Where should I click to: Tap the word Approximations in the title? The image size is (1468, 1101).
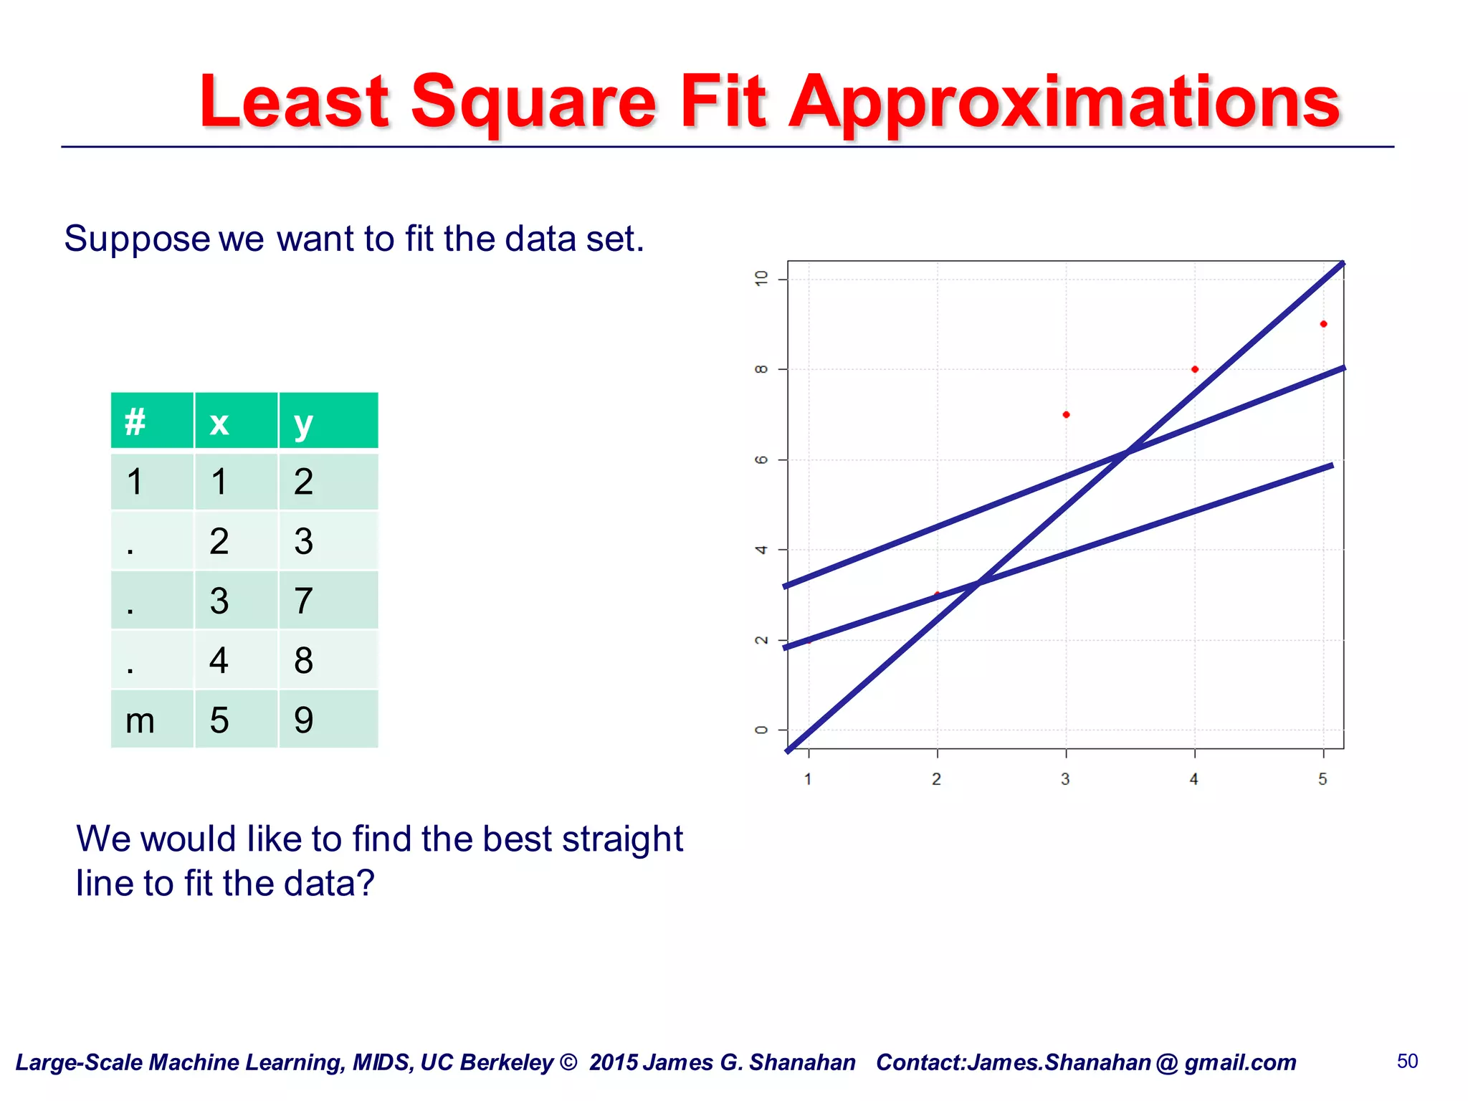(x=1064, y=104)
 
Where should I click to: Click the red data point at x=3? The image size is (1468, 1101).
(x=1066, y=415)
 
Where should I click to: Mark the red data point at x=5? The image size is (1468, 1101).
(x=1323, y=324)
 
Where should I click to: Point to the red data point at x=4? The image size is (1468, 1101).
(x=1195, y=370)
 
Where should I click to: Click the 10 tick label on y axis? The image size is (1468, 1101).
(x=761, y=279)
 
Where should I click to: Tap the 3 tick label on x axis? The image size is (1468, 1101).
(x=1066, y=779)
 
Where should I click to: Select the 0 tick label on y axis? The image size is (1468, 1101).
(x=761, y=730)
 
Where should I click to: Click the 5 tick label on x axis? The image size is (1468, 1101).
(x=1323, y=779)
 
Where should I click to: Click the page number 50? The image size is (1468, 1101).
(x=1407, y=1062)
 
